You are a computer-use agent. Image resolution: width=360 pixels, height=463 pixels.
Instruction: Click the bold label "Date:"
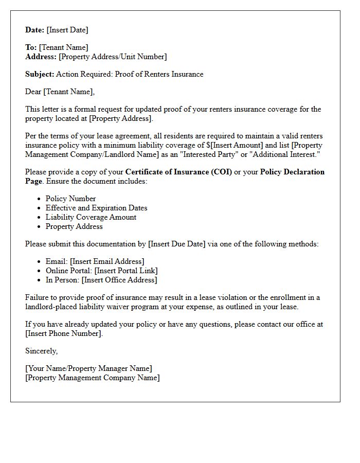35,30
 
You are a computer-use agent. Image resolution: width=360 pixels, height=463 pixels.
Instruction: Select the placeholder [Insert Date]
67,30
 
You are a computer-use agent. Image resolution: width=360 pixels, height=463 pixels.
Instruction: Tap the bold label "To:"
31,47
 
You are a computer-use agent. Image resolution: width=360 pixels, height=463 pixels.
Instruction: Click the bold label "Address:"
41,57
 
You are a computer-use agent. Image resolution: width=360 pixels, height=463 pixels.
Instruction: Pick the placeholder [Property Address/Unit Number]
113,57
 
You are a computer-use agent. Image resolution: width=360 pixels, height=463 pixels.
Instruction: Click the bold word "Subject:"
40,74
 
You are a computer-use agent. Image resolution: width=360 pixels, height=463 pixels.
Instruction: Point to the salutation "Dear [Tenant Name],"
60,92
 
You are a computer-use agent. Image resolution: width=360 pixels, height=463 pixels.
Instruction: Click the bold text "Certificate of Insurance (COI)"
178,172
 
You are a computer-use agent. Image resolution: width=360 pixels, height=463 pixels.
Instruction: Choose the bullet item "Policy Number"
70,199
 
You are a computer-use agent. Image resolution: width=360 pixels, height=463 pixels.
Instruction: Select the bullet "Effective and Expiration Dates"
96,208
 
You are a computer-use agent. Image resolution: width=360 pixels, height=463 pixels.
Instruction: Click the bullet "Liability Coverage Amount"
91,217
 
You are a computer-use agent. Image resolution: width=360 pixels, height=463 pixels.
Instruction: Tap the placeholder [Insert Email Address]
107,261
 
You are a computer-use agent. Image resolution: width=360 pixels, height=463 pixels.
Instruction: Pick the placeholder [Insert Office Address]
119,280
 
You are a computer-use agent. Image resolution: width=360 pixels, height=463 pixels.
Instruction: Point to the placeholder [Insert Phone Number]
64,333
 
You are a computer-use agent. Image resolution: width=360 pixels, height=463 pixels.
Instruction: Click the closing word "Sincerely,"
42,351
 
